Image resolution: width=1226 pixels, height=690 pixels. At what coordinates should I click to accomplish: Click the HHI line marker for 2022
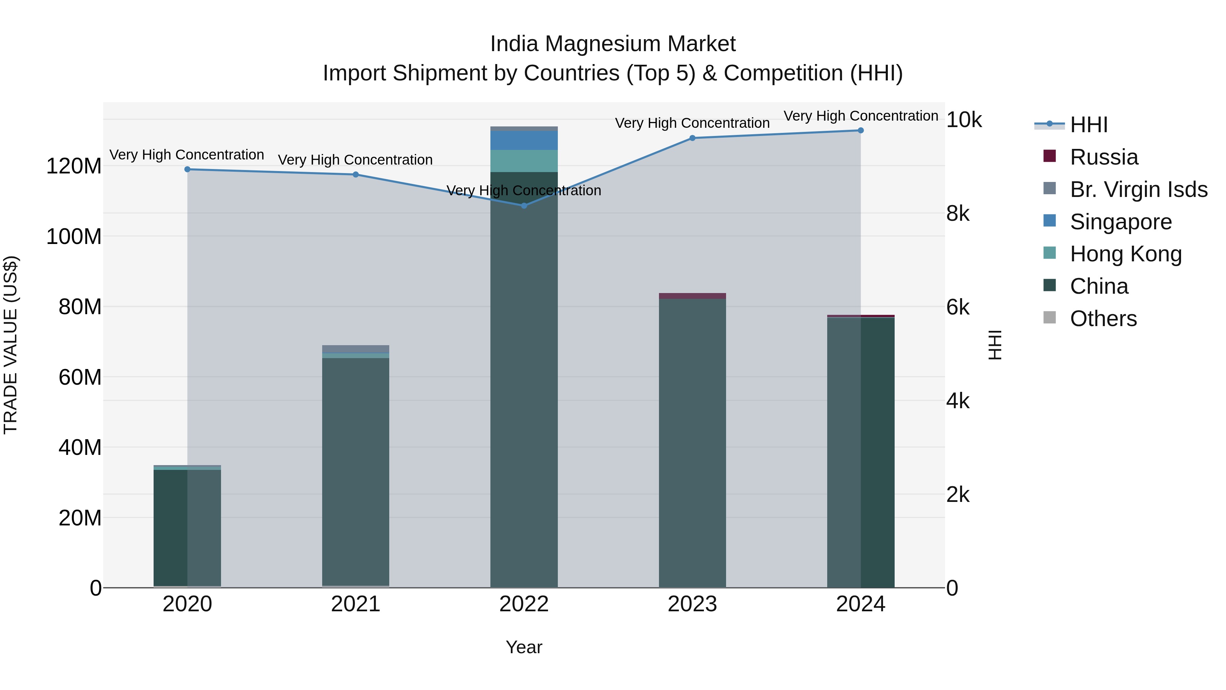click(x=524, y=206)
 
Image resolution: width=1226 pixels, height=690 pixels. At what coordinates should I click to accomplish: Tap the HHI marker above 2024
click(x=861, y=131)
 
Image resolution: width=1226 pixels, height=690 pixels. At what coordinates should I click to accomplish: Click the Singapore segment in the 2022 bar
click(x=524, y=140)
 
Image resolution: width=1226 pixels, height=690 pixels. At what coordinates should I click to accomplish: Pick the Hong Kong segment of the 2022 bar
click(x=524, y=161)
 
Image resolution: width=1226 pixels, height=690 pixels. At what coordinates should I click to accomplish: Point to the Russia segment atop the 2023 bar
click(x=692, y=296)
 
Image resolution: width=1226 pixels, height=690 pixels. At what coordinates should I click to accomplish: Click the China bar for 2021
click(x=356, y=472)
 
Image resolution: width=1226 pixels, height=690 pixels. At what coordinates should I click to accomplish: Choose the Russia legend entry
click(x=1104, y=157)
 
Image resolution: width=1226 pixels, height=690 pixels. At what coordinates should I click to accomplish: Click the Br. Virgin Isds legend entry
click(x=1138, y=189)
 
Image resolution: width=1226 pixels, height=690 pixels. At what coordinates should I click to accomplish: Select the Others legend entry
click(x=1103, y=319)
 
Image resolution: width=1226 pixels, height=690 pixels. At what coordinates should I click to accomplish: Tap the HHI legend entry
click(x=1089, y=125)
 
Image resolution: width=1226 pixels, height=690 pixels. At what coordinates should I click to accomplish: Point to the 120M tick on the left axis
click(x=74, y=167)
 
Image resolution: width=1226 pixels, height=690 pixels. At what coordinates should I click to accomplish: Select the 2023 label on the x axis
click(x=692, y=604)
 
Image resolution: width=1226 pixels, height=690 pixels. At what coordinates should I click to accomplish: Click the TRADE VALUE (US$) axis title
click(x=11, y=345)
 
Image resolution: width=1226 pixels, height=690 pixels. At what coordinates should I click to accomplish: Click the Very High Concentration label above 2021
click(x=356, y=160)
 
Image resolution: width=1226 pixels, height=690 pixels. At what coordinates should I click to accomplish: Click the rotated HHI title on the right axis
click(x=995, y=345)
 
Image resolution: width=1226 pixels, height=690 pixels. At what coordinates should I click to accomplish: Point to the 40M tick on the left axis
click(x=80, y=448)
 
